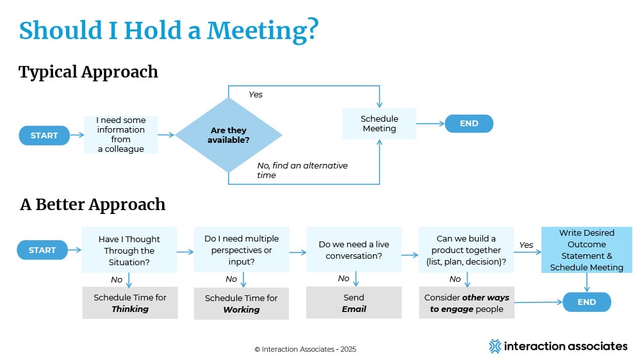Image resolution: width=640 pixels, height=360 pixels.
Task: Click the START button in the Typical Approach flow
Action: pyautogui.click(x=44, y=135)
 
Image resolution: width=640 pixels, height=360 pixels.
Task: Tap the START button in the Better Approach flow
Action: pyautogui.click(x=42, y=250)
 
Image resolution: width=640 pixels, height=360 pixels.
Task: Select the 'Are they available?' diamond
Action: pyautogui.click(x=228, y=135)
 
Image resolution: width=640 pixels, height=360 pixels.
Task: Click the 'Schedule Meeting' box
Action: pyautogui.click(x=379, y=124)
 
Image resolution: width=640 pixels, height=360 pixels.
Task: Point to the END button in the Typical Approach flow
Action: pyautogui.click(x=469, y=124)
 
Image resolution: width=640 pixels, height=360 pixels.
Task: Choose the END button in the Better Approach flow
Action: pyautogui.click(x=587, y=302)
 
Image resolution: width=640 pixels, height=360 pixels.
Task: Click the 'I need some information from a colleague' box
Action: pyautogui.click(x=121, y=135)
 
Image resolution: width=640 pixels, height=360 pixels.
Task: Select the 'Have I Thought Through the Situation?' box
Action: pyautogui.click(x=129, y=250)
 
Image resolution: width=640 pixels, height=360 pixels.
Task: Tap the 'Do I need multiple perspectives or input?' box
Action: pyautogui.click(x=242, y=250)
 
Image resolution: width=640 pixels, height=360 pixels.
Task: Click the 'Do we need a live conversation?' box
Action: pyautogui.click(x=354, y=250)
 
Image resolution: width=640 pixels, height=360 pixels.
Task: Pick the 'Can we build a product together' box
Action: pyautogui.click(x=466, y=250)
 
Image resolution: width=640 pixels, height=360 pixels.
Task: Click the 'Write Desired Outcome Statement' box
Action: pyautogui.click(x=586, y=250)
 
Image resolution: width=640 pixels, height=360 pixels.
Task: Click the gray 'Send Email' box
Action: pyautogui.click(x=354, y=303)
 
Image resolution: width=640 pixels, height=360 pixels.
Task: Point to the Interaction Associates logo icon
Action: pyautogui.click(x=495, y=346)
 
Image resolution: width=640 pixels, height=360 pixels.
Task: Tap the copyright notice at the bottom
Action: pyautogui.click(x=305, y=349)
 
